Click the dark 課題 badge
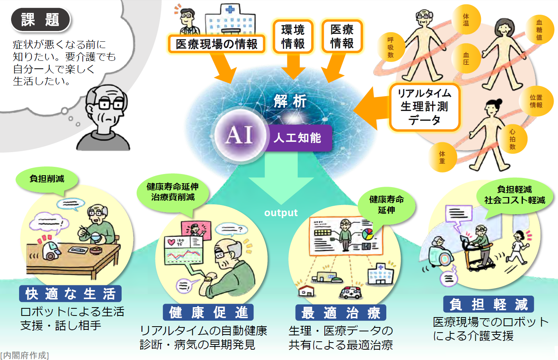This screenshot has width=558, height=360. (x=41, y=19)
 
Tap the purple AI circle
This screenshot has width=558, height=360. (x=239, y=135)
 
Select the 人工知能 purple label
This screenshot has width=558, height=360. (x=298, y=138)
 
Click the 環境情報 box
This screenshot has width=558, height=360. (x=293, y=37)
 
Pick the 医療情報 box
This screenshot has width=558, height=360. (x=342, y=37)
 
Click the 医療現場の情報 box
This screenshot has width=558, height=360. (x=217, y=44)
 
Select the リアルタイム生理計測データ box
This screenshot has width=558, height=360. (x=424, y=106)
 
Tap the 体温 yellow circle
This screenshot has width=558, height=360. (x=466, y=19)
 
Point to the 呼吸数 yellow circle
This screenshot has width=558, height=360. (x=390, y=47)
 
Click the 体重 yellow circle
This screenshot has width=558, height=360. (x=442, y=157)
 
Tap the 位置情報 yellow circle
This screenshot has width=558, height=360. (x=536, y=101)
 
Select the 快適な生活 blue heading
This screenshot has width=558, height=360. (x=70, y=294)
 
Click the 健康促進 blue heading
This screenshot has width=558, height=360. (x=208, y=312)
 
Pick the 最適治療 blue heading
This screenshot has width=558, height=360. (x=341, y=313)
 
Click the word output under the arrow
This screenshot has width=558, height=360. (x=281, y=213)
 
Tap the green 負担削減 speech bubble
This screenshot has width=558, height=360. (x=47, y=179)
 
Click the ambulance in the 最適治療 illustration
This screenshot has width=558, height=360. (x=350, y=293)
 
